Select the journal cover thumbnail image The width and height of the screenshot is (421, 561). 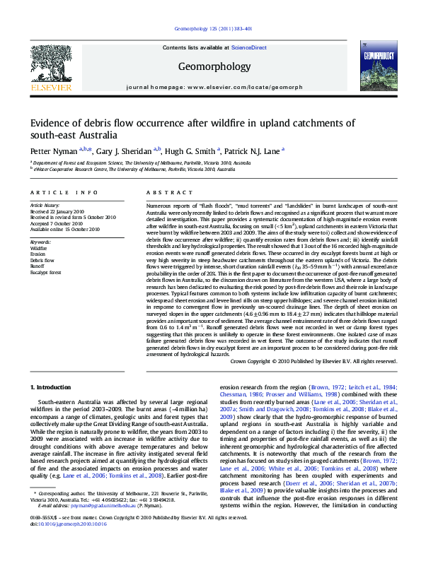point(373,69)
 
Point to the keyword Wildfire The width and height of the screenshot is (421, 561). point(38,249)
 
